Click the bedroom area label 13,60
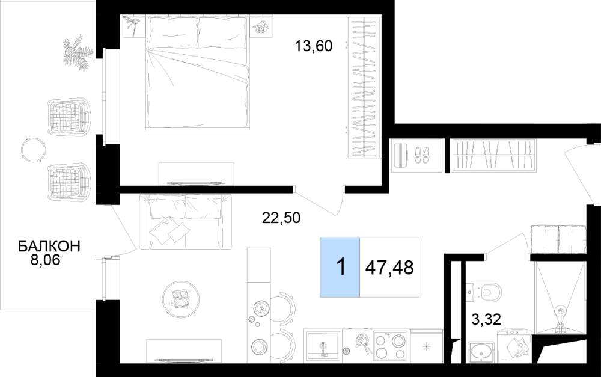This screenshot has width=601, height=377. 313,46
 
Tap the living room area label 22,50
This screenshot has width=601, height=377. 281,218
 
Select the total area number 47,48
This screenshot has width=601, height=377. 389,268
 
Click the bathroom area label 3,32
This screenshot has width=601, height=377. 486,319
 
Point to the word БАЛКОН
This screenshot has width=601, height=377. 49,246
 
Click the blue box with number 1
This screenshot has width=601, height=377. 340,268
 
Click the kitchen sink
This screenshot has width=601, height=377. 323,345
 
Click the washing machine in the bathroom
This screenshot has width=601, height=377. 514,347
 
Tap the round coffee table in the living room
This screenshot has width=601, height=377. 181,299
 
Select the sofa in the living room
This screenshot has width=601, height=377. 186,221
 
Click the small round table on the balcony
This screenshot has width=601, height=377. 34,149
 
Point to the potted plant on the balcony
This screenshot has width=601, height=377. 78,52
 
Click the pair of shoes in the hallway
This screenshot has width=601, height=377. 422,155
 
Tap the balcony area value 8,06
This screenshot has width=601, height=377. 46,260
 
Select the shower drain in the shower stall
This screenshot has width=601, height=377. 560,312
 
